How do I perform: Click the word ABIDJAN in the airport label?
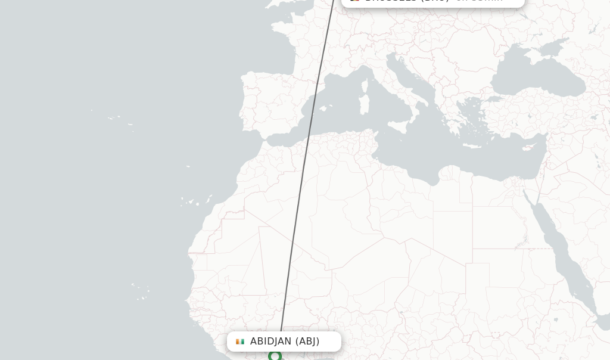pyautogui.click(x=270, y=342)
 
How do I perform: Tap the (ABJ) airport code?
pyautogui.click(x=307, y=342)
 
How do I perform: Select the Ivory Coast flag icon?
pyautogui.click(x=240, y=342)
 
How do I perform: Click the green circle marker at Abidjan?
pyautogui.click(x=275, y=356)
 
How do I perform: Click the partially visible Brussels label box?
pyautogui.click(x=433, y=2)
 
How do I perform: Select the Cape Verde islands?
pyautogui.click(x=141, y=292)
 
